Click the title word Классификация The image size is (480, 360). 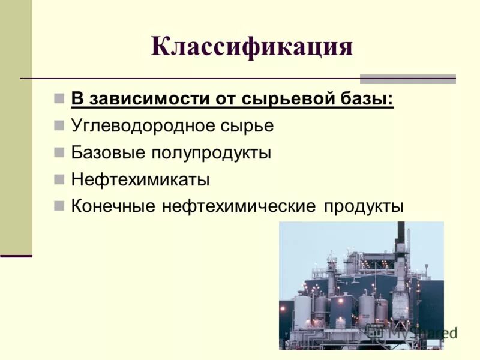point(251,46)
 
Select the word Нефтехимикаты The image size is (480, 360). point(140,179)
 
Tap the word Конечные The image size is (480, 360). point(112,206)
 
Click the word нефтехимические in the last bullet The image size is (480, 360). point(238,206)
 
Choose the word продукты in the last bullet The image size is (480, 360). point(364,206)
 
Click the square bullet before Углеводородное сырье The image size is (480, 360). point(59,126)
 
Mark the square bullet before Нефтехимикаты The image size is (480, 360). point(59,179)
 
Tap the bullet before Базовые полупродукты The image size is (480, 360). point(59,152)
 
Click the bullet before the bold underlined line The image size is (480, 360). point(59,98)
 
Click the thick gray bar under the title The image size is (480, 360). point(407,79)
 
